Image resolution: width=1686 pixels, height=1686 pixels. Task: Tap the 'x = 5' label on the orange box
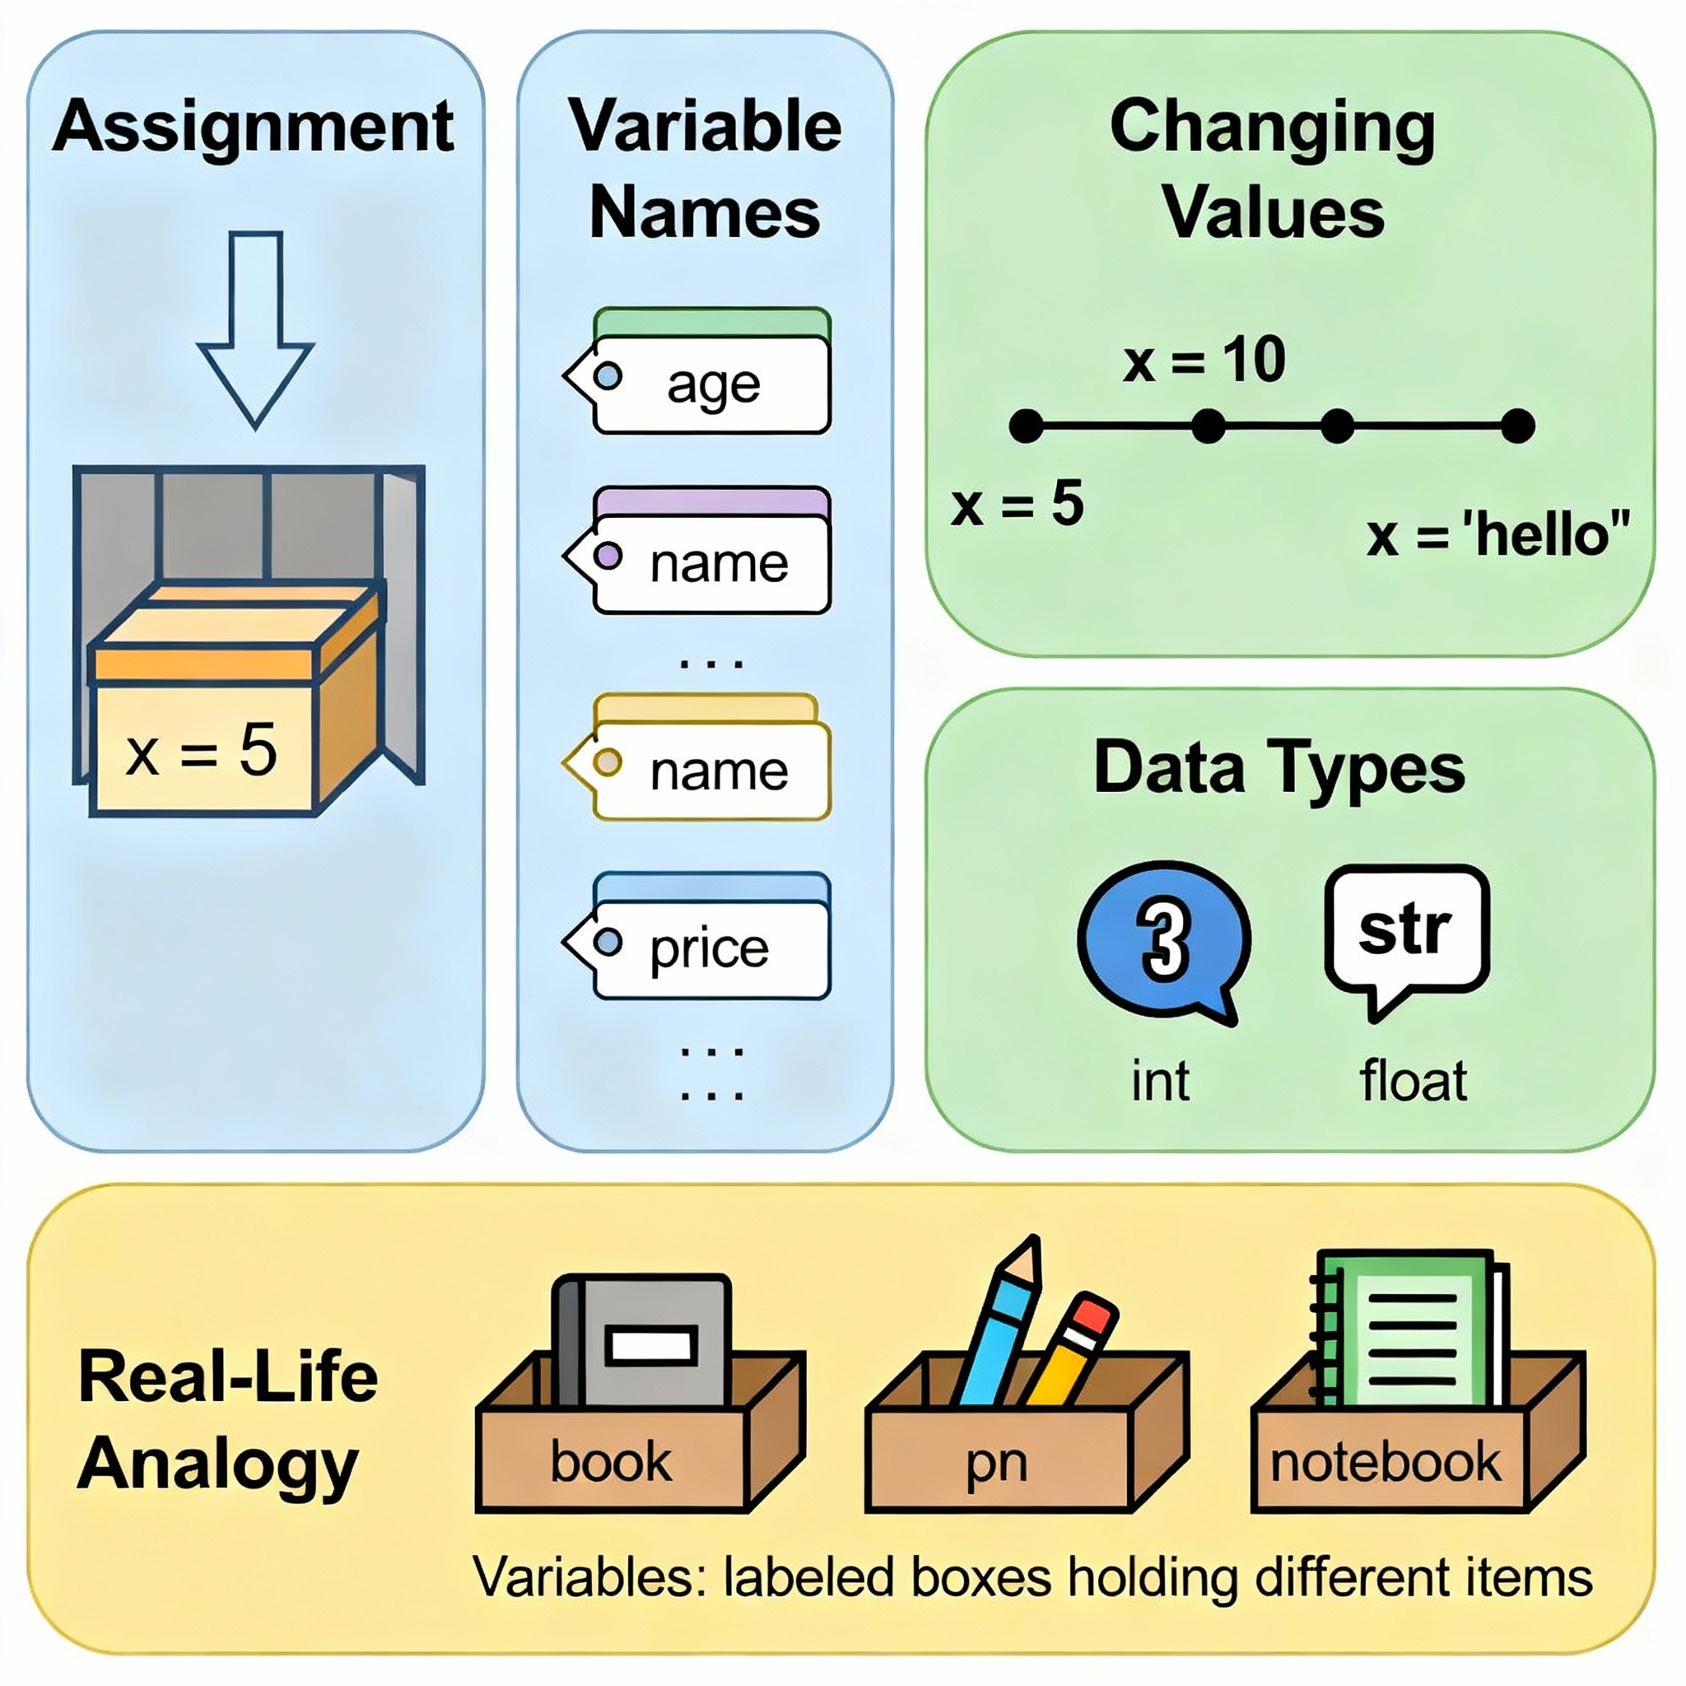point(202,751)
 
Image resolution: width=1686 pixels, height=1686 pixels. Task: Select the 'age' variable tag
point(710,383)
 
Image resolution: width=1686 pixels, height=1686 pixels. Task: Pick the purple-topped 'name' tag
point(710,562)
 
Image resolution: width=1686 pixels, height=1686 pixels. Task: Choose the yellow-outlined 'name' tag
point(710,770)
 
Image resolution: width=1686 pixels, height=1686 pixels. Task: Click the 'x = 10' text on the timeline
point(1204,360)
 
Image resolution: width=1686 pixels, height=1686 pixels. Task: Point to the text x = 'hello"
point(1497,534)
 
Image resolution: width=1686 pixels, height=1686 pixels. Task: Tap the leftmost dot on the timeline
point(1027,426)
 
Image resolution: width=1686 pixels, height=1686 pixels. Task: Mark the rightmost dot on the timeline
point(1518,426)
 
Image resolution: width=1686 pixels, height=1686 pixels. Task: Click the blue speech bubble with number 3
point(1163,939)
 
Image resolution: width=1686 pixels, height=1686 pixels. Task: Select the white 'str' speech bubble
point(1406,930)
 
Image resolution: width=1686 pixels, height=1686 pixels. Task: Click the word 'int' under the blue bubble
point(1160,1081)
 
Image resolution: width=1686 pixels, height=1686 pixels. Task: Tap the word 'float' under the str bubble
point(1413,1081)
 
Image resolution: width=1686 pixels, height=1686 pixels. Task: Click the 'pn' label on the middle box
point(996,1464)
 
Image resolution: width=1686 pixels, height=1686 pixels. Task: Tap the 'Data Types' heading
point(1279,768)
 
